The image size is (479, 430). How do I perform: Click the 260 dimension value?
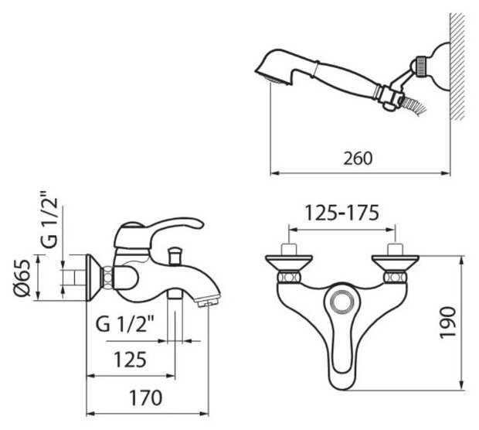tap(358, 159)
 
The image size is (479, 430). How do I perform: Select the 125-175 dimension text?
tap(342, 213)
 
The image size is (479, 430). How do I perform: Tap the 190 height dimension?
tap(448, 322)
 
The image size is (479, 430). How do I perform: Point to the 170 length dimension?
tap(146, 398)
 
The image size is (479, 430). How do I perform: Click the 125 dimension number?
tap(130, 360)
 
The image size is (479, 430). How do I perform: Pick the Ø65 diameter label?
tap(22, 278)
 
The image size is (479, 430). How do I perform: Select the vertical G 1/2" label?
tap(49, 219)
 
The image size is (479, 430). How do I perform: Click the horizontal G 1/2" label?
tap(124, 325)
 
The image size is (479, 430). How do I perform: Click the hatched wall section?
tap(457, 67)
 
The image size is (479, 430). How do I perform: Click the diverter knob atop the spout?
tap(175, 256)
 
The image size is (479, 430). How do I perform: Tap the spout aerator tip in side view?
tap(209, 302)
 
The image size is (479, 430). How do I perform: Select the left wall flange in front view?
tap(289, 262)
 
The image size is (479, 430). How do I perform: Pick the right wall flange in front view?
tap(396, 262)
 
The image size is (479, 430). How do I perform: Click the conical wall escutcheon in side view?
tap(94, 278)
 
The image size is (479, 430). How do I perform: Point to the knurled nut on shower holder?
tap(421, 65)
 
